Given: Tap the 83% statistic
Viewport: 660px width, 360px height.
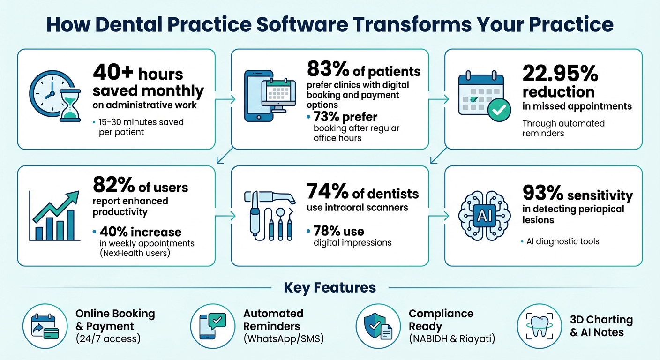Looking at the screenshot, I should (328, 71).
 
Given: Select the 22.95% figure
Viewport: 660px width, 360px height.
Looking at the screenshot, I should (560, 74).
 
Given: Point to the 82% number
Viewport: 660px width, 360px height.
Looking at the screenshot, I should (113, 186).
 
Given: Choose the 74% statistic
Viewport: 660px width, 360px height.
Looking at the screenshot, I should (328, 192).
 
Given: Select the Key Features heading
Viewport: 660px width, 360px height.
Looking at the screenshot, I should (330, 287).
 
